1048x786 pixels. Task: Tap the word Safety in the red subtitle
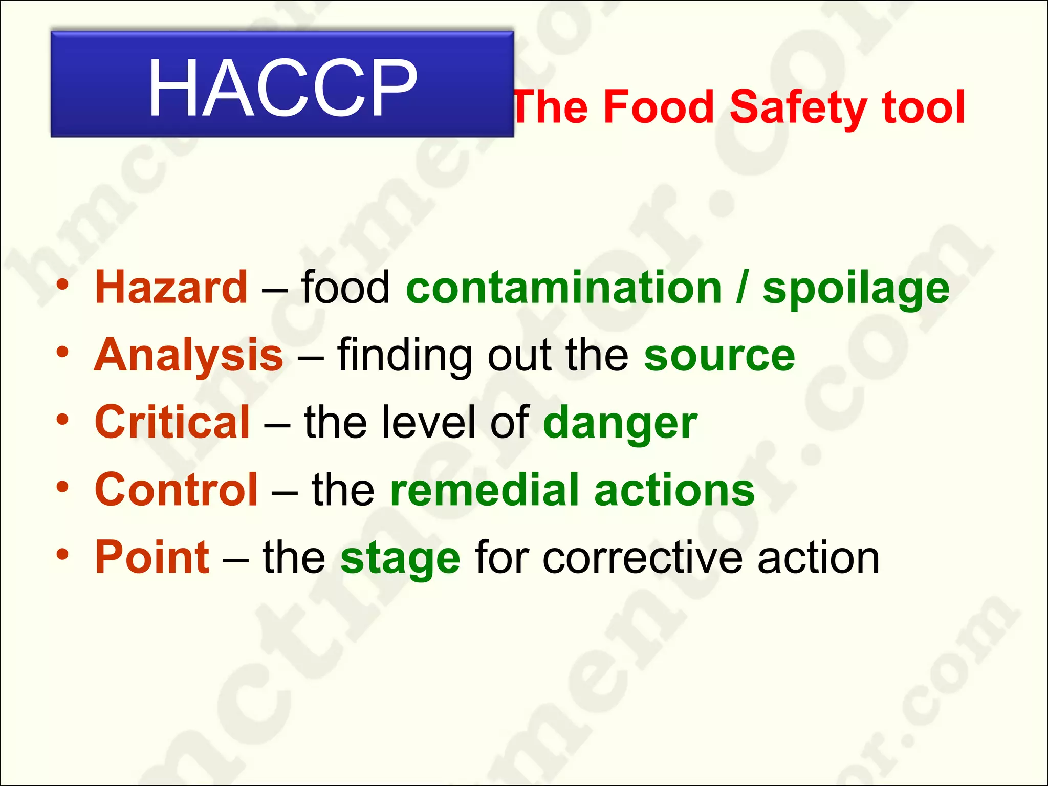(797, 107)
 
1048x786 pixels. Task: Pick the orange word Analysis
(189, 355)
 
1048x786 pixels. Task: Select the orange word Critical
(172, 422)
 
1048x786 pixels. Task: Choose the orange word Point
(152, 557)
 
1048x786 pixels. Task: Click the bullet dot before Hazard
(62, 286)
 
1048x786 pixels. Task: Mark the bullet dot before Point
(62, 555)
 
